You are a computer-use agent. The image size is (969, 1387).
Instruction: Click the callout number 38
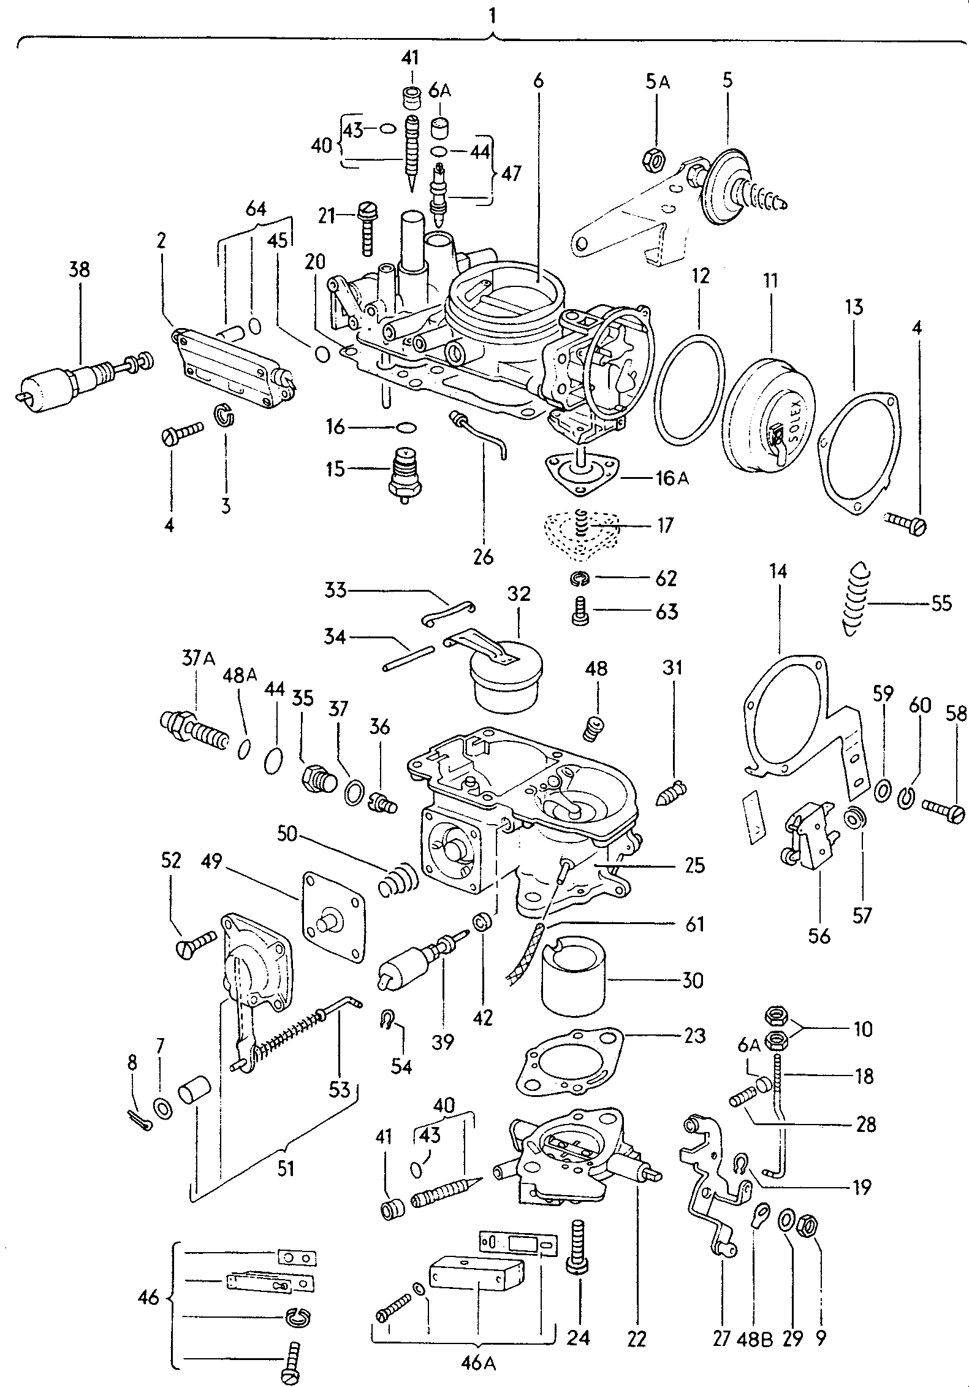[79, 270]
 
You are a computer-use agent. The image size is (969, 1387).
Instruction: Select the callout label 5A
[657, 82]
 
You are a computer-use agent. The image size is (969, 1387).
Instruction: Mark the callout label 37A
[199, 659]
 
